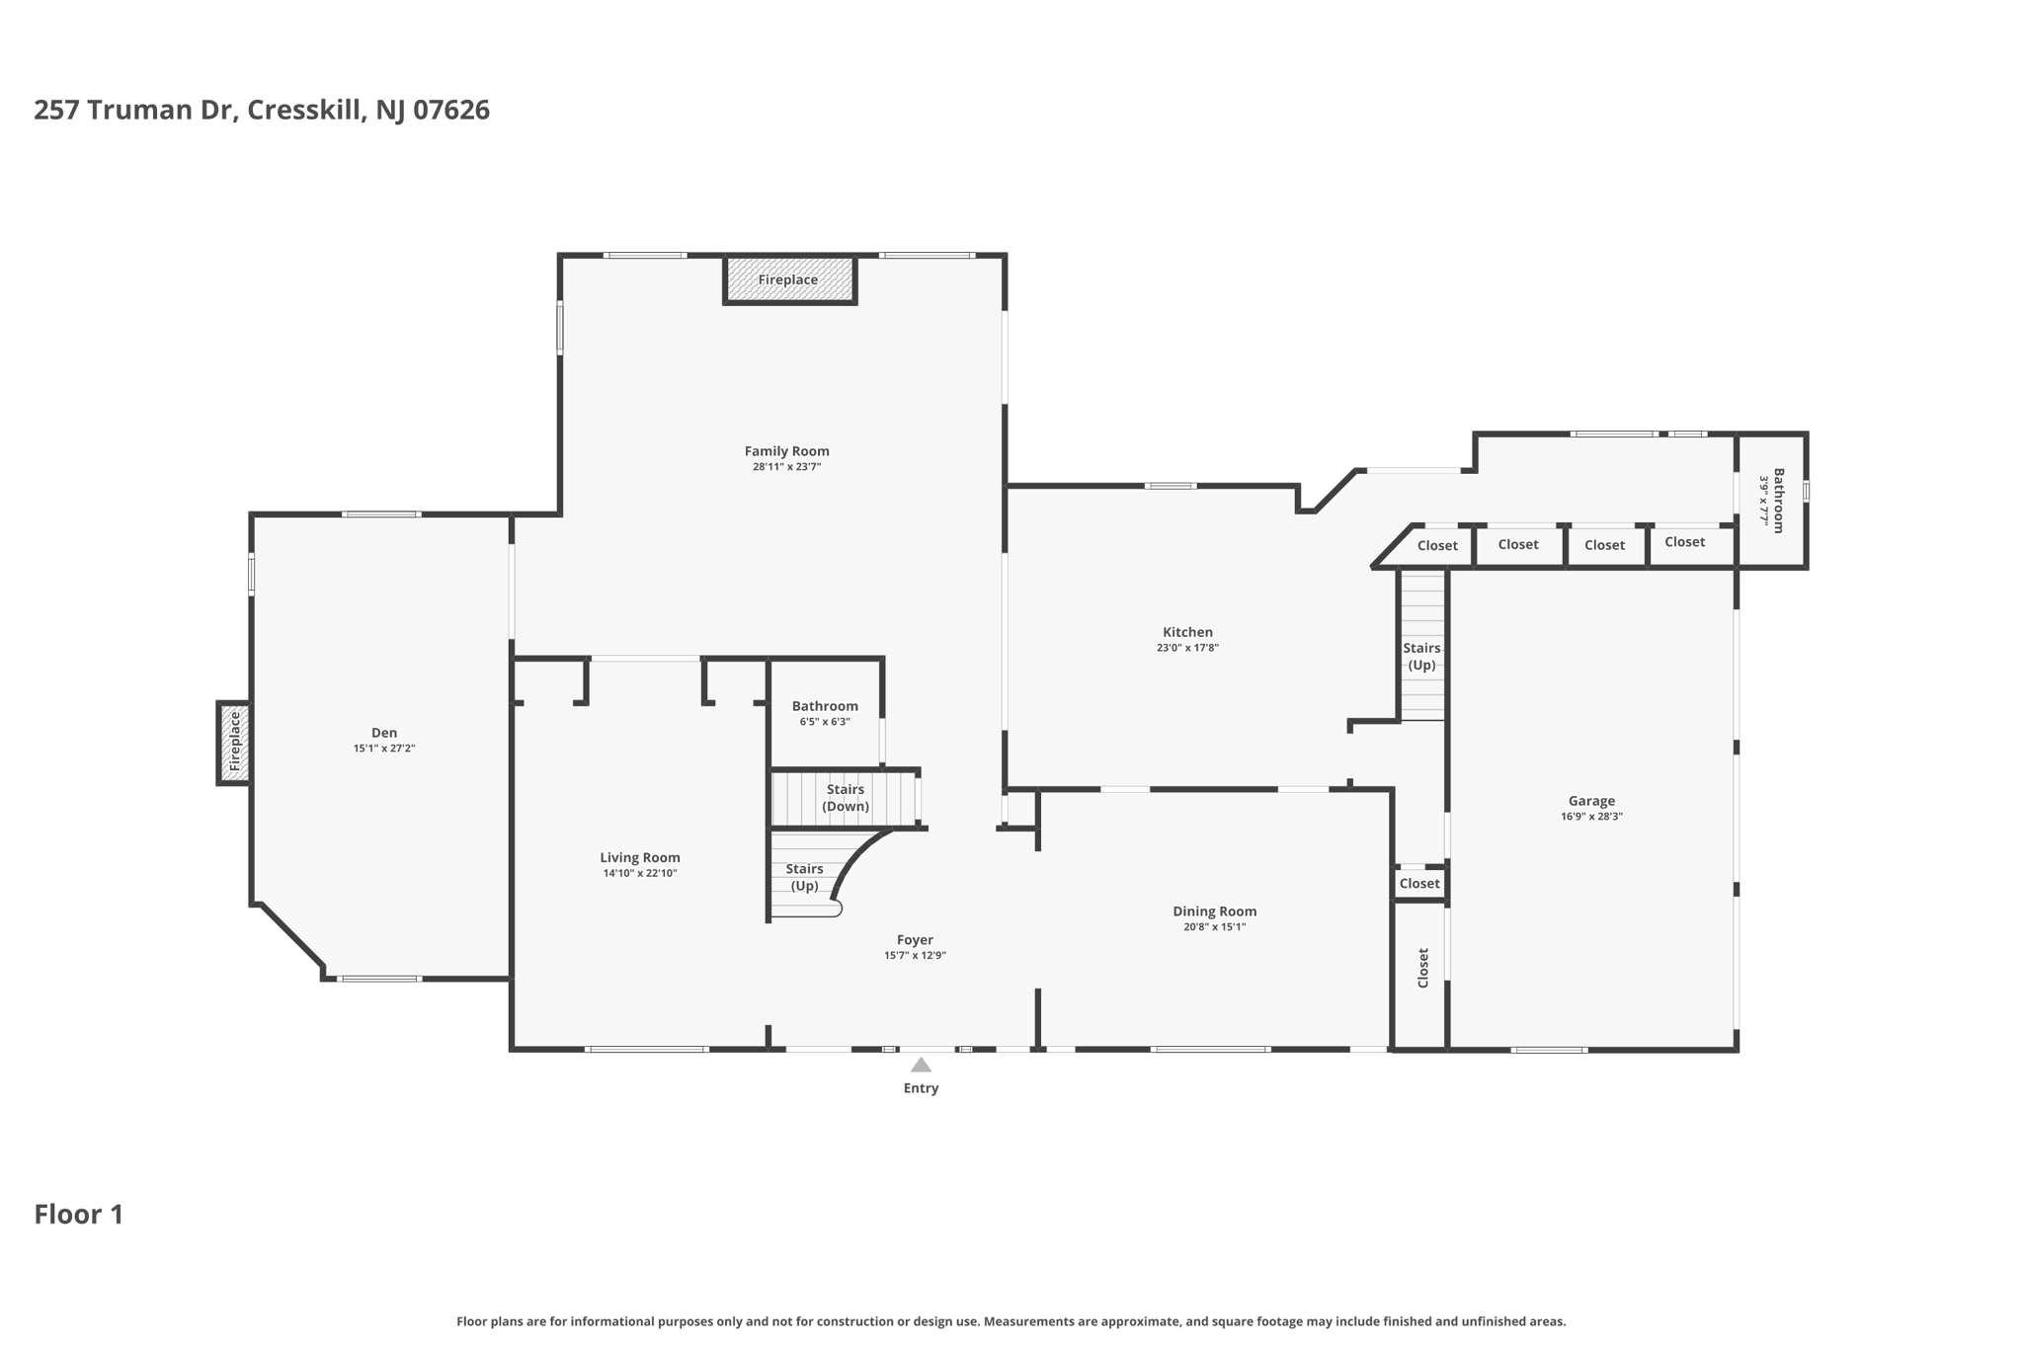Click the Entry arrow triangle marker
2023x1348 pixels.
coord(921,1065)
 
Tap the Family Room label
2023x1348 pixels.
coord(786,451)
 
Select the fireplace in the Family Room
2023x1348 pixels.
coord(789,279)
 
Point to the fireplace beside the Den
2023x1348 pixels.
coord(234,743)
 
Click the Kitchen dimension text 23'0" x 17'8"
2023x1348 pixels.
coord(1187,648)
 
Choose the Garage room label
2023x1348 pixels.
coord(1591,801)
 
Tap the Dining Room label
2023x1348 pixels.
coord(1214,912)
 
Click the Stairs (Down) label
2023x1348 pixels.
coord(846,798)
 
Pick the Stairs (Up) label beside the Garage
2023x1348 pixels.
coord(1421,657)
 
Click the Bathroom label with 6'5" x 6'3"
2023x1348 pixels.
coord(825,706)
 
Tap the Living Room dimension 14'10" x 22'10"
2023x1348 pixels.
coord(640,873)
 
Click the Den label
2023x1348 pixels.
coord(384,733)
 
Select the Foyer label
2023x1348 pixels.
coord(915,940)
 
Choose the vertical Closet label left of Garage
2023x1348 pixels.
coord(1423,968)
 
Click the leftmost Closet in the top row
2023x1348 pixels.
coord(1437,546)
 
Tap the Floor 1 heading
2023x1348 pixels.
coord(79,1215)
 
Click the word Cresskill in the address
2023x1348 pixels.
coord(307,110)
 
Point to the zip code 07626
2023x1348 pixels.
coord(451,110)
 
